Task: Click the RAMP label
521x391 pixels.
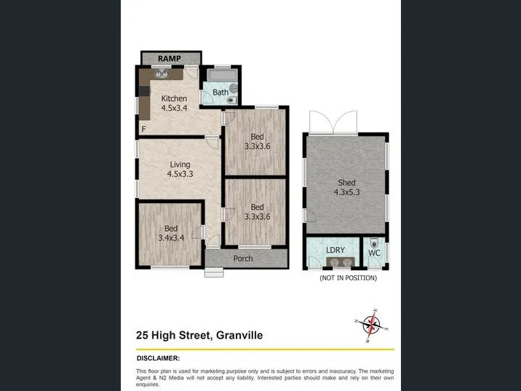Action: click(170, 58)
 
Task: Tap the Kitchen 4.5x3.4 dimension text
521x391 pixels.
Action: click(174, 108)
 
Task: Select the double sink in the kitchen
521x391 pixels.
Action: click(162, 74)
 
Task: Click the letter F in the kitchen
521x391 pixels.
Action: click(143, 129)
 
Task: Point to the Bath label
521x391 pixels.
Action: click(220, 92)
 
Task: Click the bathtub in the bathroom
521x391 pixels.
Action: click(222, 75)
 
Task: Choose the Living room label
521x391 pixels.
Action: click(180, 165)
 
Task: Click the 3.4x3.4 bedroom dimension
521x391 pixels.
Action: click(171, 238)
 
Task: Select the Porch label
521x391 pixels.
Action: click(243, 258)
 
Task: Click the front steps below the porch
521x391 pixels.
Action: click(214, 272)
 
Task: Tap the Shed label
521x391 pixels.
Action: click(346, 183)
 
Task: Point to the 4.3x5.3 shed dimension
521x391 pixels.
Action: click(346, 192)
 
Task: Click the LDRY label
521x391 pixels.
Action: click(335, 250)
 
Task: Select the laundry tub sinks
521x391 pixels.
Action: click(341, 262)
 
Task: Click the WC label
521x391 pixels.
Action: click(374, 253)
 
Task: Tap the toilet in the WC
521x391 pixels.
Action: click(374, 242)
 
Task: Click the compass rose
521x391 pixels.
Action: click(372, 325)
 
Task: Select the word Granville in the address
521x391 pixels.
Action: click(239, 335)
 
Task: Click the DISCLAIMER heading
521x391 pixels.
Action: click(158, 358)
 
